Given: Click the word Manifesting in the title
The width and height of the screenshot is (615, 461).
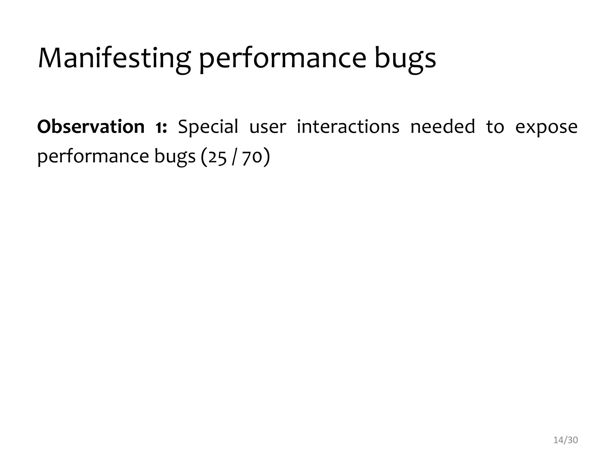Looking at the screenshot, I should click(x=114, y=59).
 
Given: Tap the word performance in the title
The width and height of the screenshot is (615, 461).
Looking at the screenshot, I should click(x=283, y=59).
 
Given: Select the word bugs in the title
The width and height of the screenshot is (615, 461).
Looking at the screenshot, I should click(x=405, y=59).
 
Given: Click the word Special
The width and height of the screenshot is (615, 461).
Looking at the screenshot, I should click(x=208, y=127).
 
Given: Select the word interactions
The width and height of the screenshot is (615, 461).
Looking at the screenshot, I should click(x=348, y=127).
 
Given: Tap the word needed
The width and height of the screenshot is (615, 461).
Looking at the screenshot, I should click(x=443, y=127).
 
